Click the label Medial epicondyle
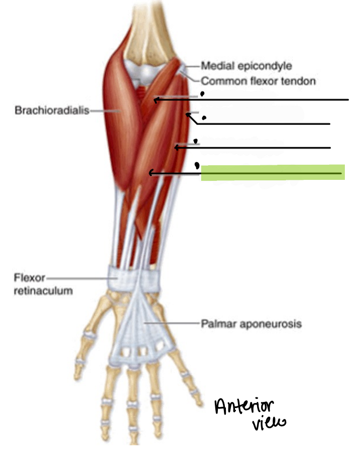[x=246, y=66]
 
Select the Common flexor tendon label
[x=258, y=81]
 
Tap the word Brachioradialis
[x=52, y=110]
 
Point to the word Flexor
[x=29, y=278]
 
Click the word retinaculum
[x=43, y=291]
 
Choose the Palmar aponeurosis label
[x=251, y=323]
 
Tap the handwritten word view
[x=269, y=424]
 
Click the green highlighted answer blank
[x=273, y=173]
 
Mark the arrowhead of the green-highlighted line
[x=151, y=173]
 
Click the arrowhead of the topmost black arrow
[x=155, y=100]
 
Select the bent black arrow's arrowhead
[x=188, y=114]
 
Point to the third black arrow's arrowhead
[x=176, y=148]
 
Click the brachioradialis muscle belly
[x=118, y=120]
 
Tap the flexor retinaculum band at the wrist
[x=134, y=280]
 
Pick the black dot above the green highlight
[x=197, y=165]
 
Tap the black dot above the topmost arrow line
[x=202, y=94]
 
